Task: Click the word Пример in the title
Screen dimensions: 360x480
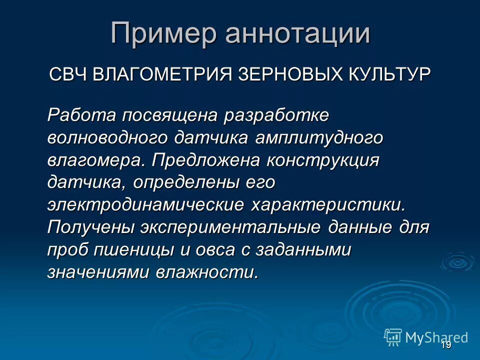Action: click(164, 34)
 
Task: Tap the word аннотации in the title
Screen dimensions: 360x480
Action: click(298, 34)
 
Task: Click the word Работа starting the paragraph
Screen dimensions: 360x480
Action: click(82, 115)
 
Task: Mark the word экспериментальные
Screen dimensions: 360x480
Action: click(230, 227)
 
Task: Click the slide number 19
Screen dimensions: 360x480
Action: click(446, 345)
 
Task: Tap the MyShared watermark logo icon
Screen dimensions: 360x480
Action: click(393, 337)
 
